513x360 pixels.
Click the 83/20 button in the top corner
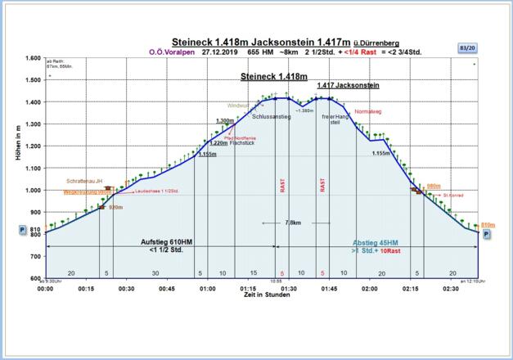[x=467, y=48]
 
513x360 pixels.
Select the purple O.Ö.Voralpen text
[x=169, y=52]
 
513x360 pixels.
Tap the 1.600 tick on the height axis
[x=32, y=58]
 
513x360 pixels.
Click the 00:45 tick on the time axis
[x=166, y=289]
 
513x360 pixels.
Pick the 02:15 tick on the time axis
[x=410, y=289]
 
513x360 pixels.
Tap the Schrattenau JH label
[x=85, y=181]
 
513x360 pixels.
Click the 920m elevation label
[x=115, y=208]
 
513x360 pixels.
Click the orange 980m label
[x=434, y=186]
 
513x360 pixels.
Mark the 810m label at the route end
[x=488, y=224]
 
